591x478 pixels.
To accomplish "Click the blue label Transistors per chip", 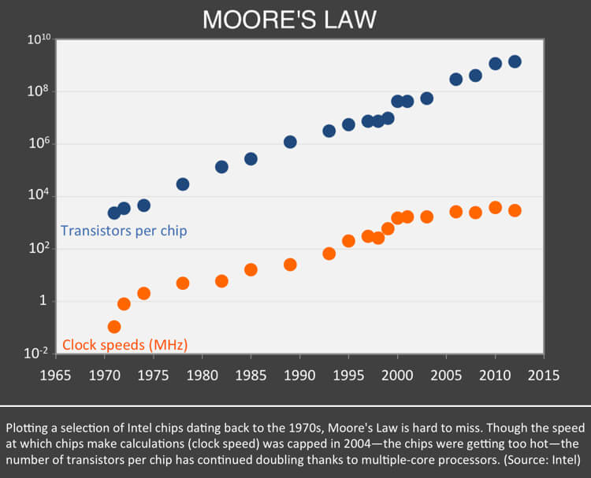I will pyautogui.click(x=124, y=232).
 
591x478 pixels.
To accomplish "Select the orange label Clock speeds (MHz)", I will pyautogui.click(x=125, y=344).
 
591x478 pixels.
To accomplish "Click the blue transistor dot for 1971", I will pyautogui.click(x=114, y=213).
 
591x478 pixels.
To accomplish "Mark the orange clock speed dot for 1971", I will pyautogui.click(x=114, y=327).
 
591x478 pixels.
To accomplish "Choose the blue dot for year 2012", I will pyautogui.click(x=515, y=61).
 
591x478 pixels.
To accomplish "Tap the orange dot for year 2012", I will pyautogui.click(x=515, y=210).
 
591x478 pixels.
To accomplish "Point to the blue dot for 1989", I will pyautogui.click(x=290, y=142).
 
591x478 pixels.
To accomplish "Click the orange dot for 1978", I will pyautogui.click(x=183, y=283).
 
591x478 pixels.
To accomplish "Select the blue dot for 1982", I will pyautogui.click(x=221, y=167).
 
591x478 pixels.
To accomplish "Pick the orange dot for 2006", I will pyautogui.click(x=455, y=212).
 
